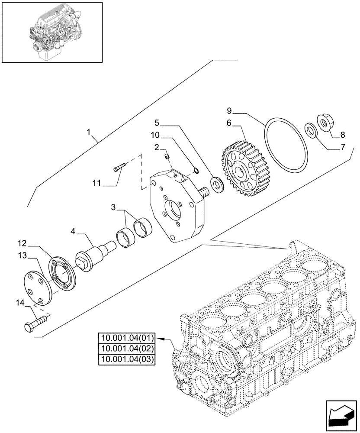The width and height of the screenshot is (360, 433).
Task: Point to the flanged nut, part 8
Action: (x=325, y=121)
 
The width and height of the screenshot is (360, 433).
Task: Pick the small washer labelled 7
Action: (x=310, y=130)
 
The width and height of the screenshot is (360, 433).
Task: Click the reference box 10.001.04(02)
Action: (x=128, y=349)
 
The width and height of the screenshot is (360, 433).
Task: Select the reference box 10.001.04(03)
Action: (x=128, y=359)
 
